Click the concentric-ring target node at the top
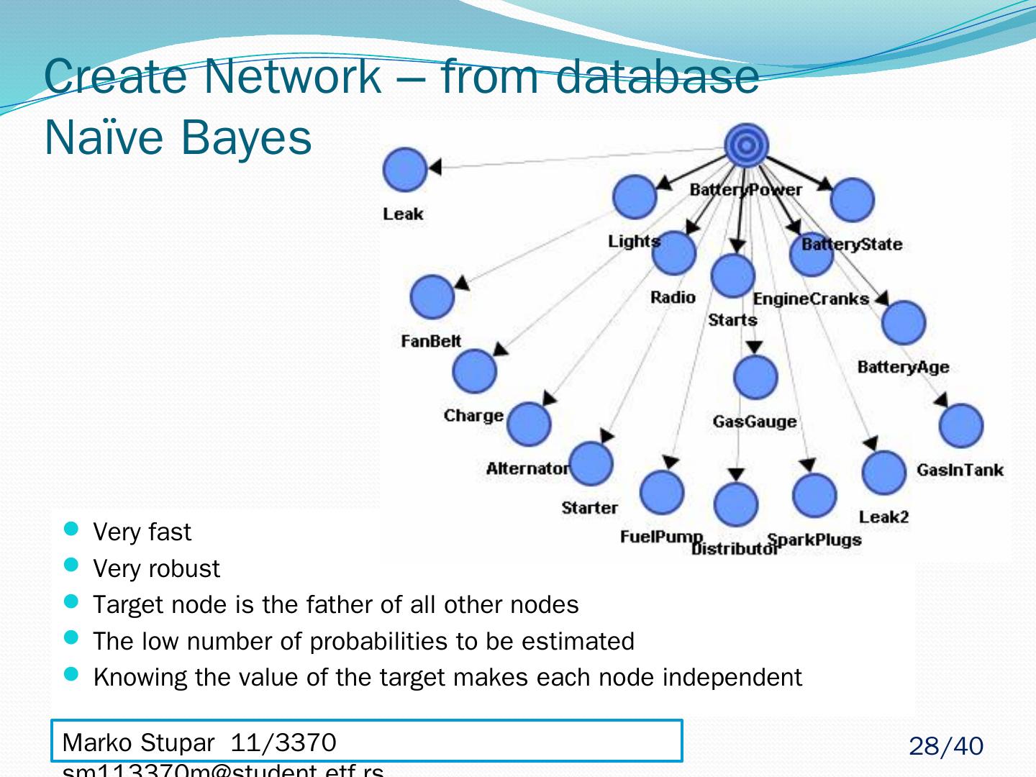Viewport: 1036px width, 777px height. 747,146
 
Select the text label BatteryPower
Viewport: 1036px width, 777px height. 745,190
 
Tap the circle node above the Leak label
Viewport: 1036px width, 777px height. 405,170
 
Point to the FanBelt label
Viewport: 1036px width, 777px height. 431,341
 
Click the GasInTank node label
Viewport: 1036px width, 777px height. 960,471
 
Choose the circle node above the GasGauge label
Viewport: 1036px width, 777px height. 755,377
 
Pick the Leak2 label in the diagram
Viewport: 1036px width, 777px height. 883,517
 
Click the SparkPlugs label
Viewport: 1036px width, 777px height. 814,540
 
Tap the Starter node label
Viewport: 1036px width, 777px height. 589,508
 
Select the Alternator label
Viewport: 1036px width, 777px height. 527,469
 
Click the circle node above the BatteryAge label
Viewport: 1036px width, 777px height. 904,322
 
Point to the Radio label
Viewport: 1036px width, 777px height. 673,298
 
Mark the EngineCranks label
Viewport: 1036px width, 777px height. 811,299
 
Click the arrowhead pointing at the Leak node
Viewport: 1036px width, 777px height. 434,168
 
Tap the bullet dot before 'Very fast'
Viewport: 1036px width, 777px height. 71,530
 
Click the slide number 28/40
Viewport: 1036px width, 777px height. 945,747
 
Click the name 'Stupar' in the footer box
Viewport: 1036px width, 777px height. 177,742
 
